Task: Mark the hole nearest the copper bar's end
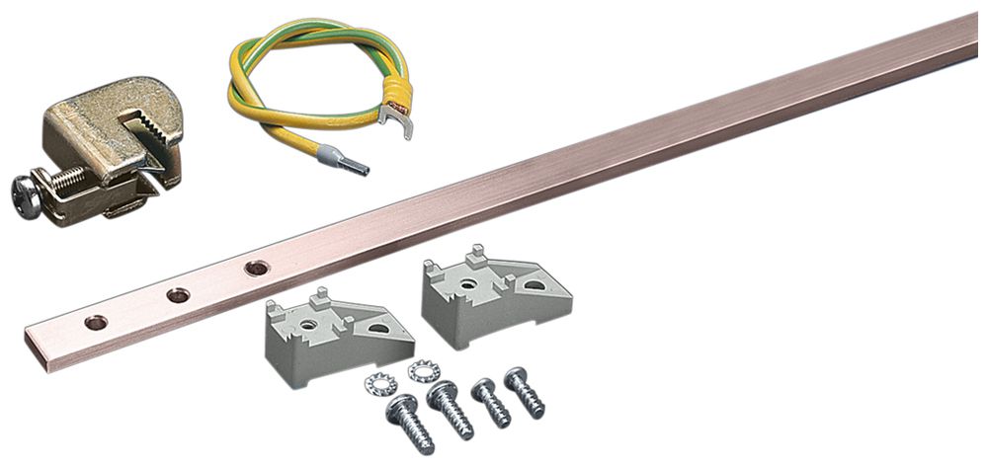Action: (x=96, y=322)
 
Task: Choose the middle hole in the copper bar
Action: (x=178, y=294)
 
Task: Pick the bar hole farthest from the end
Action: (x=257, y=268)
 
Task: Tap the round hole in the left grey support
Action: (x=310, y=324)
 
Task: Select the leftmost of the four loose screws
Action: (x=409, y=424)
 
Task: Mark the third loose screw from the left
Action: (x=490, y=402)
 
